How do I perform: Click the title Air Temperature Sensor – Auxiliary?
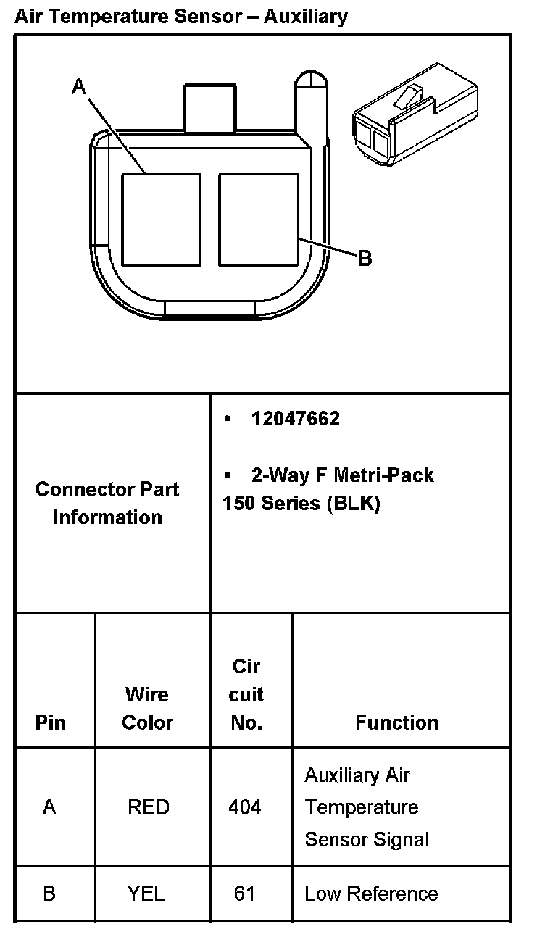point(180,16)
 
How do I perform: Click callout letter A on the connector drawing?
point(79,87)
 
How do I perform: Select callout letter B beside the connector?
point(365,257)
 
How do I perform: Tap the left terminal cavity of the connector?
point(160,219)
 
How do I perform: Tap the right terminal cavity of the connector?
point(259,219)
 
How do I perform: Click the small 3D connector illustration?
point(415,120)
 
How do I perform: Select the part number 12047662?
point(295,419)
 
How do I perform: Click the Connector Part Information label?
point(107,503)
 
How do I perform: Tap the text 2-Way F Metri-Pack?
point(342,475)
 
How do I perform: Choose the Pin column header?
point(50,722)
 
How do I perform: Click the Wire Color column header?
point(147,709)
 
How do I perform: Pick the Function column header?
point(396,722)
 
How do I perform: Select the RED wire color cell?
point(148,807)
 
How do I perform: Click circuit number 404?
point(245,807)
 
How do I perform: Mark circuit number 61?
point(245,893)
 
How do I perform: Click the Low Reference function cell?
point(371,893)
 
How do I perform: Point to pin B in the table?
point(49,893)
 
